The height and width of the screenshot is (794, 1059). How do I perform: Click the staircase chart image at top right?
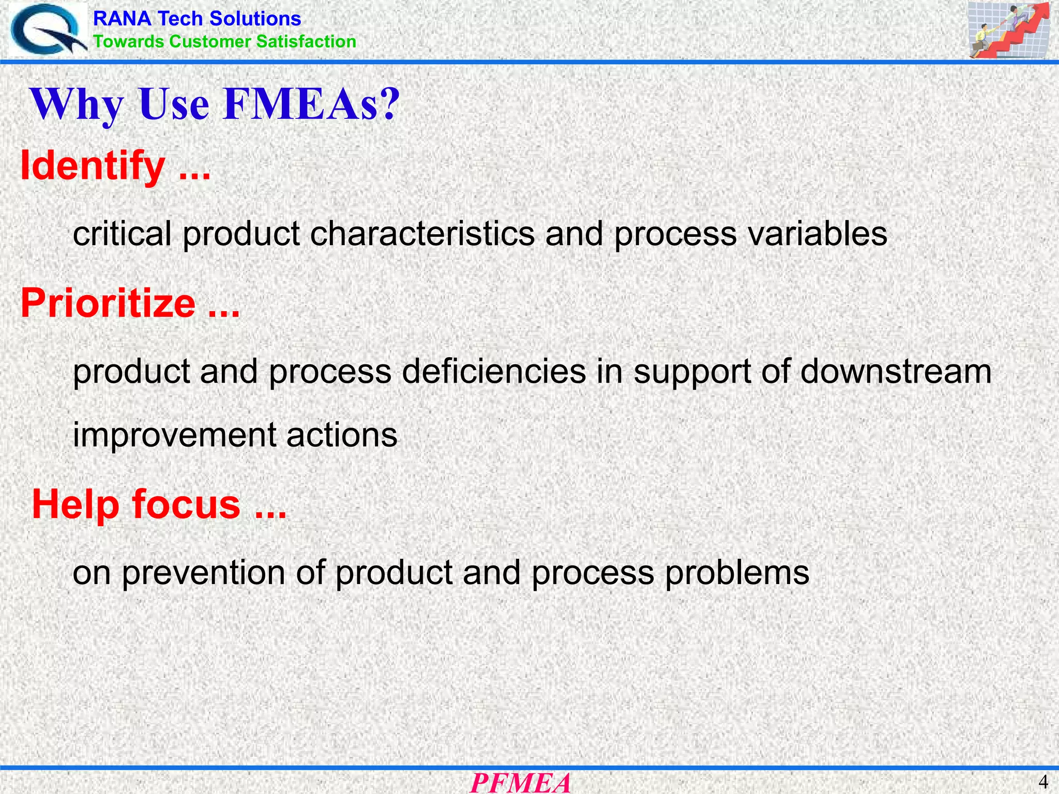1009,29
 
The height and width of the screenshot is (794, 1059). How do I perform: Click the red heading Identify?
93,166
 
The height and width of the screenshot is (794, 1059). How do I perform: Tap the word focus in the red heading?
186,504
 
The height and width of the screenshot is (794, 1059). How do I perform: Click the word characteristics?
422,234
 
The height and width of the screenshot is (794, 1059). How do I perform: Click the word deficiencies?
494,371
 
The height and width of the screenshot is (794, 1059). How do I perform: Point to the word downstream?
896,371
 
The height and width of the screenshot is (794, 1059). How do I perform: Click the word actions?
342,434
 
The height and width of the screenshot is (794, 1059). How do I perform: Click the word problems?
737,573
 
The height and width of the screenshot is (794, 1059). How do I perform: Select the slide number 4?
1043,781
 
